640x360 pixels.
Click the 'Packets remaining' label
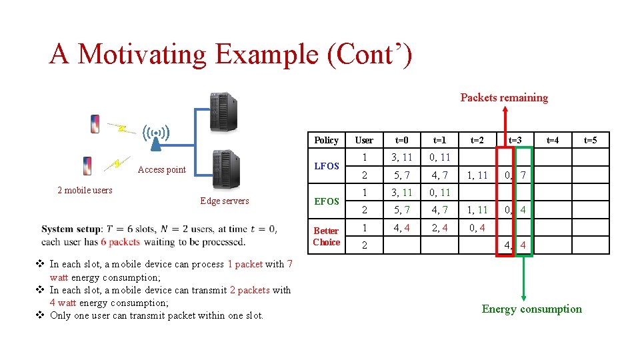coord(504,97)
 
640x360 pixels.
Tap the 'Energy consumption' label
coord(531,309)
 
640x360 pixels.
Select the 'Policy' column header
coord(326,140)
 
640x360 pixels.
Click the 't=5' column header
coord(591,140)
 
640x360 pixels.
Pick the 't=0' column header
coord(402,140)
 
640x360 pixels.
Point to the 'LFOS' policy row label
coord(326,166)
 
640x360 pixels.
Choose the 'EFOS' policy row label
coord(326,201)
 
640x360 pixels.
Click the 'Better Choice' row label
coord(326,236)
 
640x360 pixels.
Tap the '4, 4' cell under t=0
coord(402,227)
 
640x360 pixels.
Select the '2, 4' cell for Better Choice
coord(439,227)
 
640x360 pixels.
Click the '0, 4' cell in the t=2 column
coord(477,227)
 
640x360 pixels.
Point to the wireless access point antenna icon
coord(155,137)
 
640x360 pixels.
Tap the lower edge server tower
coord(225,170)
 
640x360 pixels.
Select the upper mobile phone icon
coord(95,124)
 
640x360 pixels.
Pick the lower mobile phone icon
coord(87,165)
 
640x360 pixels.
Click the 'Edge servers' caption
coord(225,201)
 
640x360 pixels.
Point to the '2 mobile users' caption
coord(85,190)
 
